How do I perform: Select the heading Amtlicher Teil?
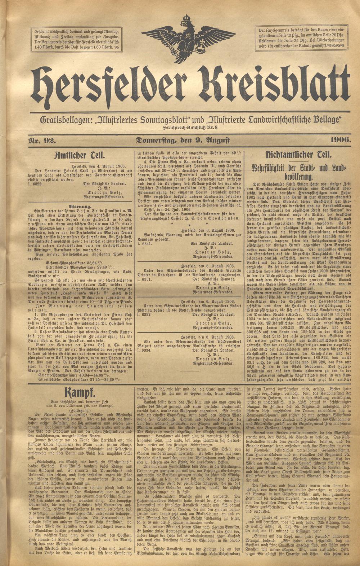click(x=79, y=155)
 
